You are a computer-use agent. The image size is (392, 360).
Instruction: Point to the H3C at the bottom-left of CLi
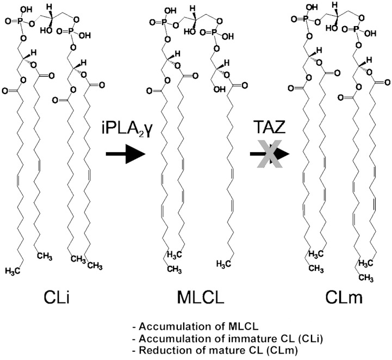click(15, 270)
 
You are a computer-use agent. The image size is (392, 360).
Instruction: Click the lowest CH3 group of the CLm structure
click(352, 278)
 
